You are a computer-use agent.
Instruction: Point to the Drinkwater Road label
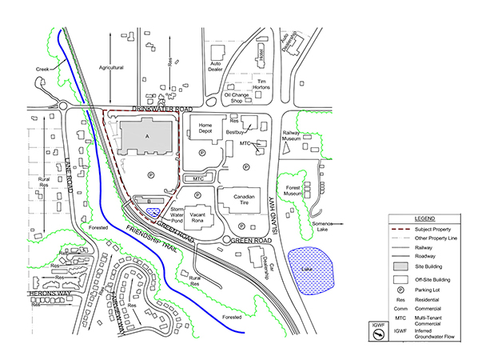(164, 108)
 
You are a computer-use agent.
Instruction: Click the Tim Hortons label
(259, 85)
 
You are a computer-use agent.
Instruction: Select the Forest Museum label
(293, 191)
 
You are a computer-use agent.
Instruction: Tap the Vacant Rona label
(200, 219)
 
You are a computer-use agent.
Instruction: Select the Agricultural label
(111, 68)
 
